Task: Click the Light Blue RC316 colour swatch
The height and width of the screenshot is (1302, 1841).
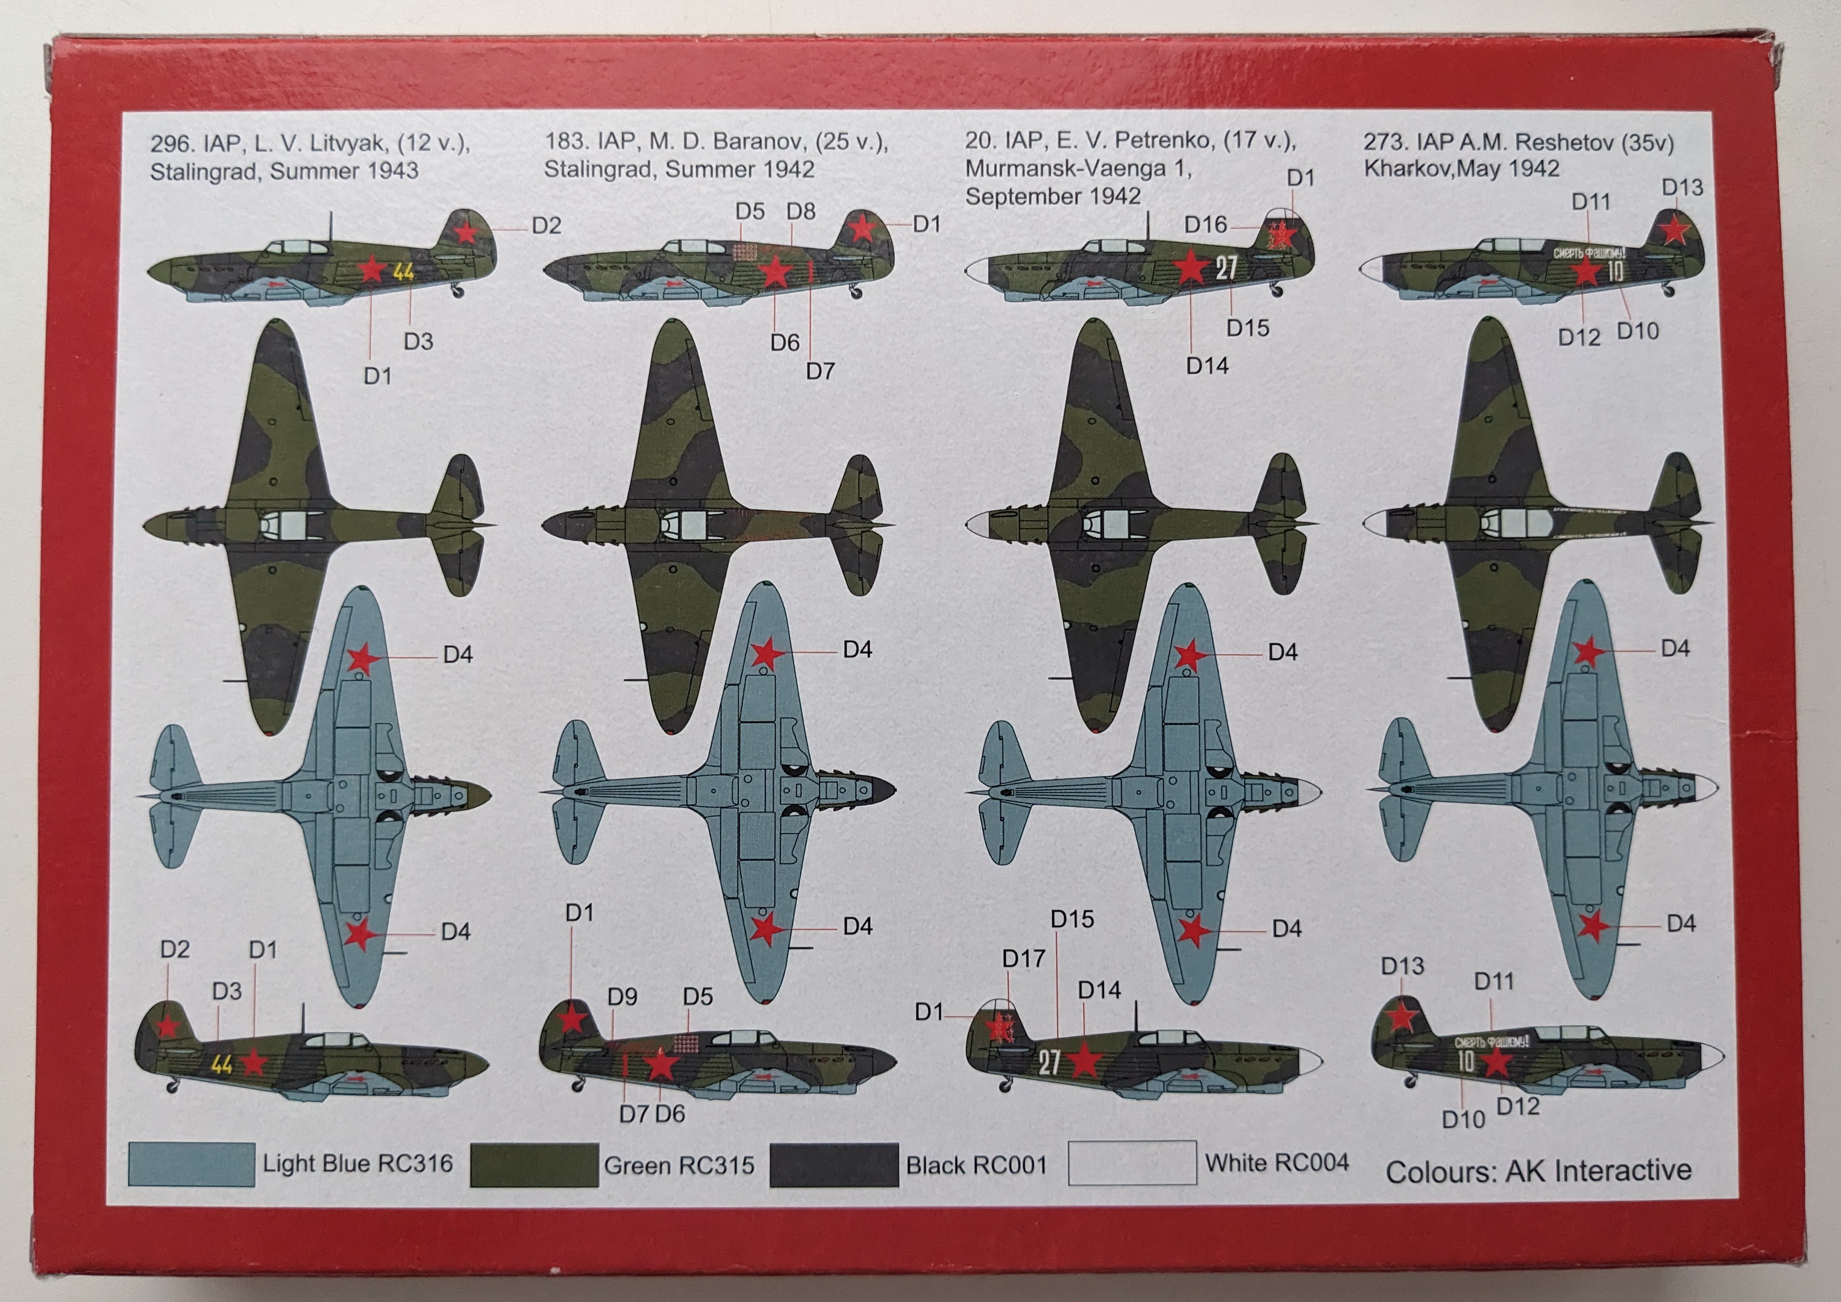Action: coord(191,1165)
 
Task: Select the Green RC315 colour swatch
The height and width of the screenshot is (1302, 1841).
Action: coord(533,1165)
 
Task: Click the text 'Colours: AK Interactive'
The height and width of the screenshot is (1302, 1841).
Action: coord(1538,1171)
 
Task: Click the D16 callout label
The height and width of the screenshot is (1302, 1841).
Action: coord(1205,225)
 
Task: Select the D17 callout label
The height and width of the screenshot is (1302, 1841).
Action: coord(1023,958)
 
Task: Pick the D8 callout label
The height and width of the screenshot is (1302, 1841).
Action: coord(800,211)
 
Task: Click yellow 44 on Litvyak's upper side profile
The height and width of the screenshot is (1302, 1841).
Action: coord(403,272)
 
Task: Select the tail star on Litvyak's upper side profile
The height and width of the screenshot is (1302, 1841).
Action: coord(466,232)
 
